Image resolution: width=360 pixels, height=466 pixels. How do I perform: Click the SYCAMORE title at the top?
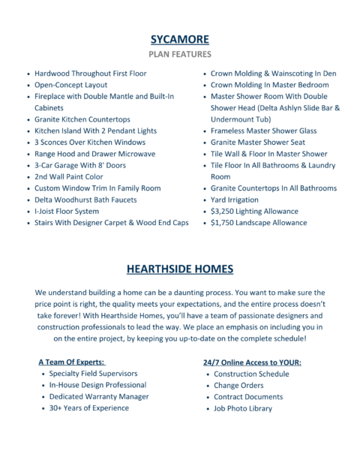pos(179,39)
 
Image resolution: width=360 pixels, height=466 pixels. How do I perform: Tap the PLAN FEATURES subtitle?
pos(179,54)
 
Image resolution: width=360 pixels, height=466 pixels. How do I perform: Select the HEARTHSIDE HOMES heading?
pos(179,269)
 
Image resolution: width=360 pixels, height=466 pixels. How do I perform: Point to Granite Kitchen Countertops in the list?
pos(82,119)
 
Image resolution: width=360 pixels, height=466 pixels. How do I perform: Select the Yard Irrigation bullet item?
pos(234,200)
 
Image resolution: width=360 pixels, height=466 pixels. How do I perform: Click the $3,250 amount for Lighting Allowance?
pos(224,211)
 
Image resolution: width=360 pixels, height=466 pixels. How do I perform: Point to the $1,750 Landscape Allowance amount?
pos(224,223)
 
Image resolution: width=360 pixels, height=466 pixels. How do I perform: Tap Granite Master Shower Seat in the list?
pos(257,142)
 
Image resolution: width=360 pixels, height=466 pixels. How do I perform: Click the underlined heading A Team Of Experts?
pos(71,362)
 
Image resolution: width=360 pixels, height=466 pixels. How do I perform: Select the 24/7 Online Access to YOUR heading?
pos(252,362)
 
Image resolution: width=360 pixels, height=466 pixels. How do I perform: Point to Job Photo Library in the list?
pos(243,408)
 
